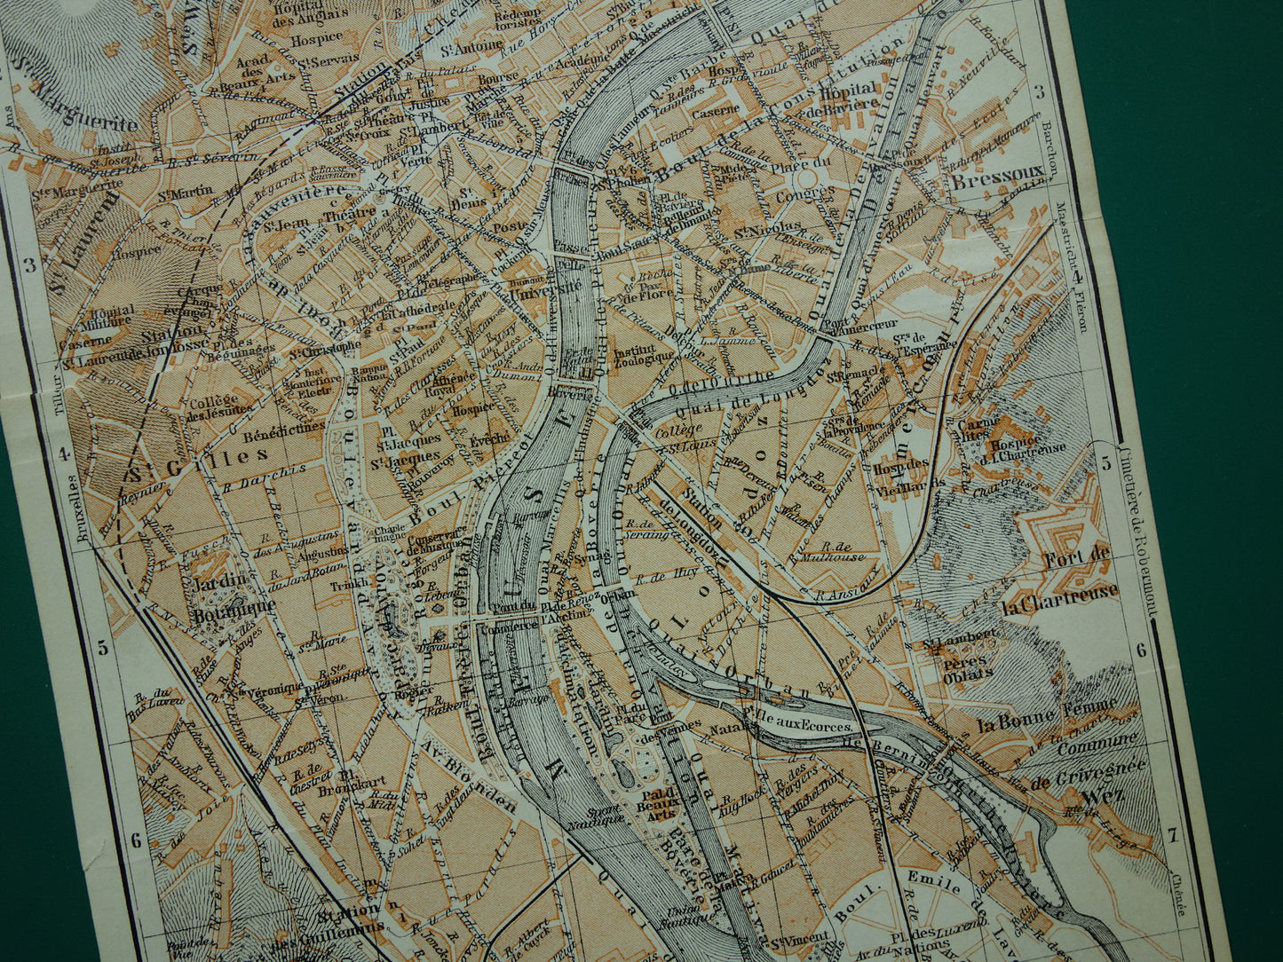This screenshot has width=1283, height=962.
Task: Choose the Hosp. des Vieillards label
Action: point(901,469)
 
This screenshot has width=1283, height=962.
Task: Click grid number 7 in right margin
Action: point(1172,834)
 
